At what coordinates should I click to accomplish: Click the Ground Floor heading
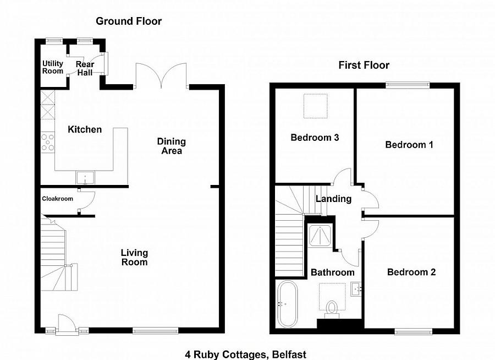129,21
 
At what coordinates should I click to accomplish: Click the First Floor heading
364,65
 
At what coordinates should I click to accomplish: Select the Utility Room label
53,68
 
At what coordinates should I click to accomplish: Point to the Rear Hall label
85,68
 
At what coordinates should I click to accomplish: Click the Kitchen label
85,130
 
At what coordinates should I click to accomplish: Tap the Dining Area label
172,146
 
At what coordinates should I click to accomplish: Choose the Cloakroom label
57,199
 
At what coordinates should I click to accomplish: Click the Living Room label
135,257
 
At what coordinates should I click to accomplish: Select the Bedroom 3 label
315,137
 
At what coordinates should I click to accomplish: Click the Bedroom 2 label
411,272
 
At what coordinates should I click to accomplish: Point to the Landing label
333,199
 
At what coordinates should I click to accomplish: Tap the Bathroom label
333,272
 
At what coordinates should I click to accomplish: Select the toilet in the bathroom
332,309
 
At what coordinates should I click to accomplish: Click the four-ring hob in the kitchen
48,142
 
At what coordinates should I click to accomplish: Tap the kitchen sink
85,177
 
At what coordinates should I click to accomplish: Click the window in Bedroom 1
408,85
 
